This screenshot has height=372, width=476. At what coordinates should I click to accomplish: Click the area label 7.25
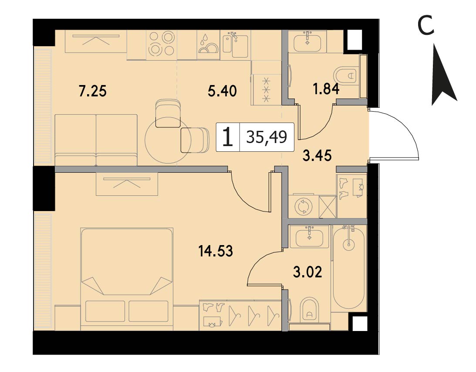(x=93, y=91)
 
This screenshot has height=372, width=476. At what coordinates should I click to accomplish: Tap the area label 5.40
(x=223, y=91)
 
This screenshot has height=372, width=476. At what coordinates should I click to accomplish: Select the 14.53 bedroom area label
(x=216, y=251)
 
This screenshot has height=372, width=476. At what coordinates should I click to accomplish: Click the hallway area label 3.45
(x=317, y=156)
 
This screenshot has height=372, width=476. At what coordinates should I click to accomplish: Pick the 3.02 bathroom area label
(x=307, y=272)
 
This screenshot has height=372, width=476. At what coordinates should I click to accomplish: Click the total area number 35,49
(x=267, y=137)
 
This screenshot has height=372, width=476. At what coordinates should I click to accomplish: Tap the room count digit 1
(x=228, y=137)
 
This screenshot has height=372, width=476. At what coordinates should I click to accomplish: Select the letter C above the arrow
(x=426, y=26)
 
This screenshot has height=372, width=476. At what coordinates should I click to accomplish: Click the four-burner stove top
(x=161, y=44)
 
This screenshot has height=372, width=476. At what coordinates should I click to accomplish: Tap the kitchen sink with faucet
(x=235, y=45)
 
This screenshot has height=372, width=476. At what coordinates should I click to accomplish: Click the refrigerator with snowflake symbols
(x=266, y=90)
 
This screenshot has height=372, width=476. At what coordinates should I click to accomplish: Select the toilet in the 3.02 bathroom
(x=309, y=311)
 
